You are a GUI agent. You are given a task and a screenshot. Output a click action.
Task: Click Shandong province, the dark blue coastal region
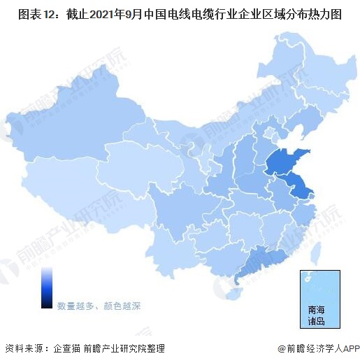[x=283, y=163]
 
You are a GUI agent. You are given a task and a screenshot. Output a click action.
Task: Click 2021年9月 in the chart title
[x=115, y=13]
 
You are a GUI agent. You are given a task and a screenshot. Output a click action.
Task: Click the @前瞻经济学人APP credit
[x=317, y=348]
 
